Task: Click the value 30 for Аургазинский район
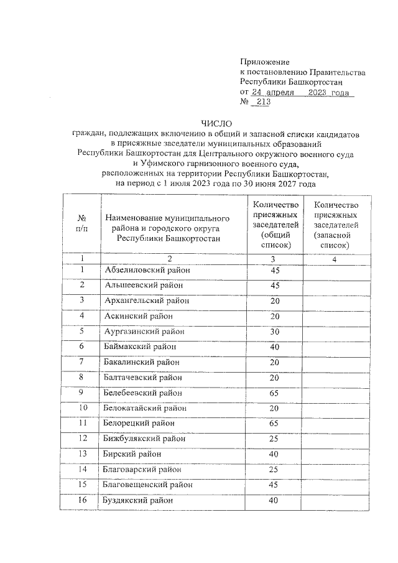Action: (274, 331)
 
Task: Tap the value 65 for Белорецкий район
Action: (274, 422)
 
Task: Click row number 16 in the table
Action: (82, 500)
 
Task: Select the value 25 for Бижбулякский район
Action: (274, 438)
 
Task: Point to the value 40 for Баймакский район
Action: (274, 347)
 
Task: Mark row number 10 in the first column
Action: (82, 407)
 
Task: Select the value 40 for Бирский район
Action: (274, 454)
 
